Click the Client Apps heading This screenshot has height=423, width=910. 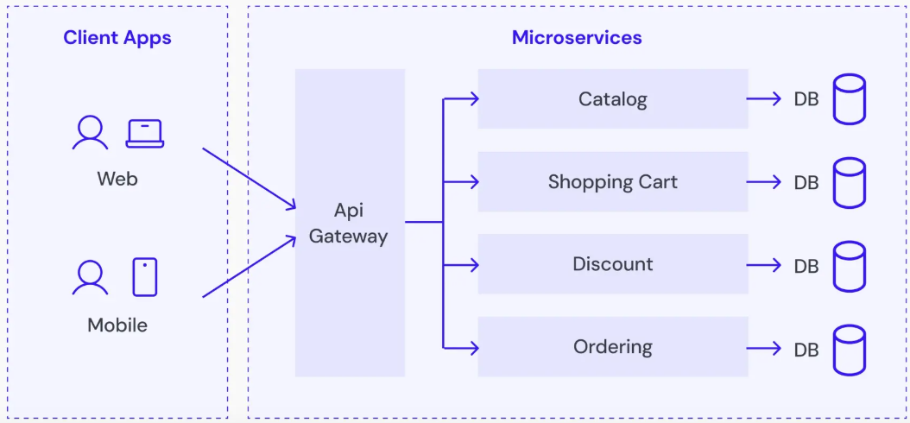pyautogui.click(x=117, y=38)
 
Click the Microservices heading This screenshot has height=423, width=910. pyautogui.click(x=577, y=38)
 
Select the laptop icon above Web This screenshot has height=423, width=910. pyautogui.click(x=144, y=133)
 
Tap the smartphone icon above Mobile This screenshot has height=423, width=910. pyautogui.click(x=145, y=277)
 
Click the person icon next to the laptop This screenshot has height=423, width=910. pyautogui.click(x=90, y=133)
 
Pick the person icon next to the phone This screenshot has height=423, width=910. pyautogui.click(x=90, y=277)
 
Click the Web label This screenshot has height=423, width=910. pyautogui.click(x=117, y=180)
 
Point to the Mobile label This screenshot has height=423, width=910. pyautogui.click(x=117, y=325)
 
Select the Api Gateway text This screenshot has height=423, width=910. pyautogui.click(x=349, y=223)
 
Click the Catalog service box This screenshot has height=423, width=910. pyautogui.click(x=612, y=99)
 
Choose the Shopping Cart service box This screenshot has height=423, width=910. pyautogui.click(x=612, y=182)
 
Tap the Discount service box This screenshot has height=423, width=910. pyautogui.click(x=612, y=264)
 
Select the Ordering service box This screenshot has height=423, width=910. pyautogui.click(x=612, y=347)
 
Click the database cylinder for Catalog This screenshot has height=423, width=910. pyautogui.click(x=849, y=99)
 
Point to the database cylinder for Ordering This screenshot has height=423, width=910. pyautogui.click(x=849, y=349)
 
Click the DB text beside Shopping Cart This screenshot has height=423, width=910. pyautogui.click(x=806, y=183)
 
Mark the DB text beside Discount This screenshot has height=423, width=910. pyautogui.click(x=806, y=266)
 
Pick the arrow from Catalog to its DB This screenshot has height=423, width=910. pyautogui.click(x=764, y=99)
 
